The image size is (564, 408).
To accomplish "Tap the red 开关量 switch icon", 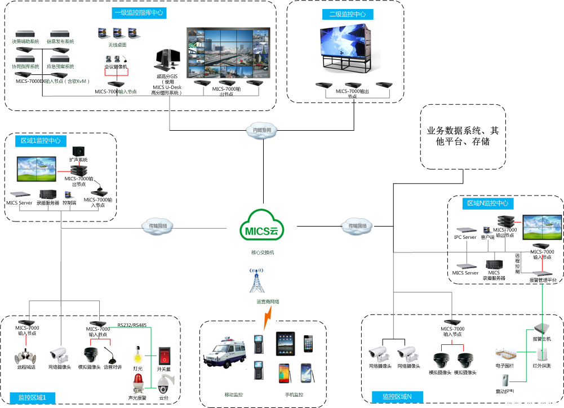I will pos(164,356).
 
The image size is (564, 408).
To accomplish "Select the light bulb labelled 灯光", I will pos(137,356).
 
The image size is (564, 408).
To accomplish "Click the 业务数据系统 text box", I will pos(463,136).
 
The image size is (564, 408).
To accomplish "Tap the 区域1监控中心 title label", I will pos(41,140).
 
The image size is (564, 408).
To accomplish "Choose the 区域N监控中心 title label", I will pos(487,203).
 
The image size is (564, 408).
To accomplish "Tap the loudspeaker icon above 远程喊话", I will pos(26,356).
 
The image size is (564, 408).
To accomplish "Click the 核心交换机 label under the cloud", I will pos(262,252).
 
